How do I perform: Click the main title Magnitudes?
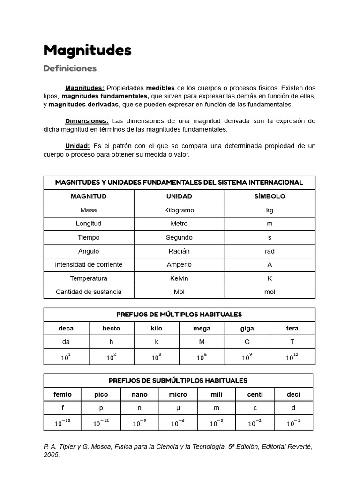tap(87, 50)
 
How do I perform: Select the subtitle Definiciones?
tap(70, 68)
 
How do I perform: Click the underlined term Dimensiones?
tap(87, 121)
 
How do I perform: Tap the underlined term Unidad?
tap(77, 146)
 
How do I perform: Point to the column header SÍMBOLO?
tap(270, 196)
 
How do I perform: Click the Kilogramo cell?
tap(179, 210)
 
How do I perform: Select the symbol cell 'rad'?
tap(270, 251)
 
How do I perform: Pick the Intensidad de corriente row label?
tap(89, 264)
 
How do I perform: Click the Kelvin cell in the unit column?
tap(179, 278)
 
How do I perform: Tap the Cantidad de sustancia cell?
tap(89, 292)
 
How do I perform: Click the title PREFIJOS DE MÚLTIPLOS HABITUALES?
tap(179, 315)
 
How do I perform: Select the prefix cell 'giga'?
tap(247, 328)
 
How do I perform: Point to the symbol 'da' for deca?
tap(66, 342)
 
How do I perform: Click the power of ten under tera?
tap(292, 357)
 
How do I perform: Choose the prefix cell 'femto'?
tap(62, 394)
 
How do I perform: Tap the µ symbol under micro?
tap(178, 408)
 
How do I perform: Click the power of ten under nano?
tap(139, 423)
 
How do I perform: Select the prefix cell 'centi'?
tap(255, 394)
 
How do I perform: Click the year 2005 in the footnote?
tap(52, 455)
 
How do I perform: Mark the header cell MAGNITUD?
tap(89, 196)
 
